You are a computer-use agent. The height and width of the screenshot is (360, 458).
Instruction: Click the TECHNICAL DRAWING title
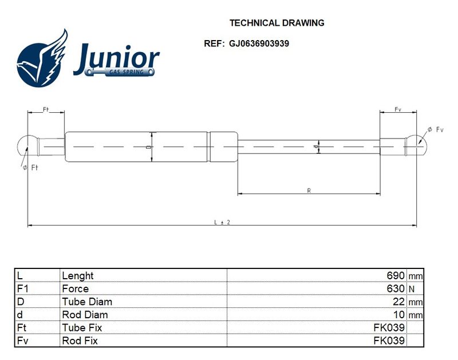pyautogui.click(x=277, y=23)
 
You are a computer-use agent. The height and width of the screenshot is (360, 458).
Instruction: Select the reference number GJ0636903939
pyautogui.click(x=259, y=43)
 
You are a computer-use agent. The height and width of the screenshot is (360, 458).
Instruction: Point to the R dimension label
pyautogui.click(x=309, y=191)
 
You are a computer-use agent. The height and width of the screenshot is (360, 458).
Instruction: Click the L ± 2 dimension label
pyautogui.click(x=222, y=222)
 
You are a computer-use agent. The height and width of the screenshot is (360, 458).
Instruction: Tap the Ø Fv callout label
pyautogui.click(x=436, y=129)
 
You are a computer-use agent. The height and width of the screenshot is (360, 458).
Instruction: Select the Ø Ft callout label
pyautogui.click(x=30, y=168)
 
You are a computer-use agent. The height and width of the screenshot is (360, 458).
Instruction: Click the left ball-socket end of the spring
pyautogui.click(x=27, y=147)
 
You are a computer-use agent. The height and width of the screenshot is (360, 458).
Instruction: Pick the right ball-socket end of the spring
pyautogui.click(x=416, y=147)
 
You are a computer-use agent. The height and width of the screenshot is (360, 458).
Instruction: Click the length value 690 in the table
pyautogui.click(x=396, y=275)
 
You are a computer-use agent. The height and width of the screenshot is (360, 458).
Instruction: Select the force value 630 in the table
pyautogui.click(x=396, y=288)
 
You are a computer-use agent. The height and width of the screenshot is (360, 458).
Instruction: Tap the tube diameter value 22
pyautogui.click(x=398, y=302)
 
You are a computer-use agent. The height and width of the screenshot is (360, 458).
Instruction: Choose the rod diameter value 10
pyautogui.click(x=398, y=314)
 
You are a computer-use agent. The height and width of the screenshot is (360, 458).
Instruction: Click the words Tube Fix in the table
pyautogui.click(x=82, y=327)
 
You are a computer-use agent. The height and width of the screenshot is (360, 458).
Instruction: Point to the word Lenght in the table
pyautogui.click(x=78, y=276)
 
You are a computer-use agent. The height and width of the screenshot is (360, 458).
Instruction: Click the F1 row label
pyautogui.click(x=23, y=288)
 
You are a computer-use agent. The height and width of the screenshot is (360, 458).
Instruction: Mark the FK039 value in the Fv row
pyautogui.click(x=389, y=341)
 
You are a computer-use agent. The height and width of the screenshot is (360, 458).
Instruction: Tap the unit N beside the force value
pyautogui.click(x=412, y=289)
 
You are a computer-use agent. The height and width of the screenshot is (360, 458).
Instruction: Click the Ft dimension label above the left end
pyautogui.click(x=46, y=109)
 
